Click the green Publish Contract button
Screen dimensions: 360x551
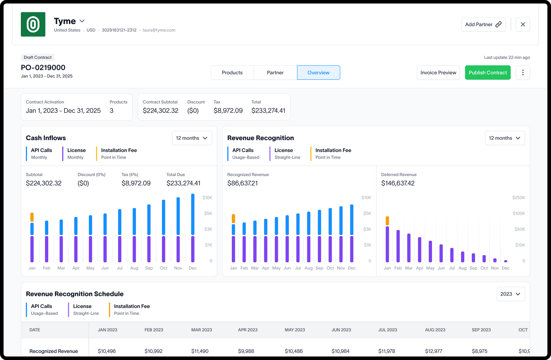click(488, 73)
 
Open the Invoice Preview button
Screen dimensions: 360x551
click(438, 73)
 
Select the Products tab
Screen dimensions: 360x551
click(232, 73)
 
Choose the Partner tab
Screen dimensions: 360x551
click(275, 73)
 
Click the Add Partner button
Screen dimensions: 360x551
click(483, 24)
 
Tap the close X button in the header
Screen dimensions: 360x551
click(523, 24)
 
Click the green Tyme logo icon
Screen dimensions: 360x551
click(33, 24)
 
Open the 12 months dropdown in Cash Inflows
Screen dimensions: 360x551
click(192, 138)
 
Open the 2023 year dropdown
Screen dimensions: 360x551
click(510, 294)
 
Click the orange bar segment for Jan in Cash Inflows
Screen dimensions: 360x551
click(32, 217)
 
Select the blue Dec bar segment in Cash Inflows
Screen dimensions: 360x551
click(193, 214)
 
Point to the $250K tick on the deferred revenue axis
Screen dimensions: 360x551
click(518, 198)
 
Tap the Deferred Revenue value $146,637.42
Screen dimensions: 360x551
click(398, 183)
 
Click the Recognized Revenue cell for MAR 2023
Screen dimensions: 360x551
click(200, 351)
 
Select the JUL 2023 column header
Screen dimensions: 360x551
click(387, 330)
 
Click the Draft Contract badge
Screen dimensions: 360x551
click(38, 57)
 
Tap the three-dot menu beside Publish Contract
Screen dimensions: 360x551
click(523, 73)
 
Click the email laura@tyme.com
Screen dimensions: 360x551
click(159, 30)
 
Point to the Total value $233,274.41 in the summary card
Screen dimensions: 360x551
click(268, 111)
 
